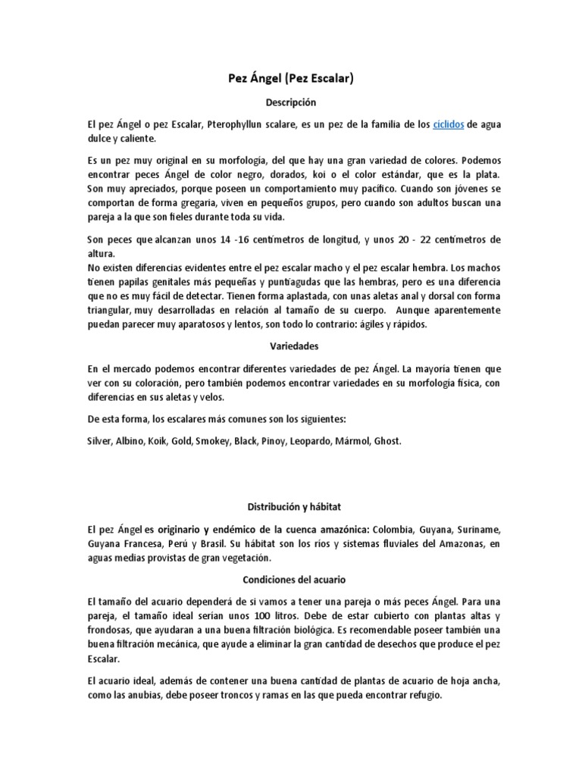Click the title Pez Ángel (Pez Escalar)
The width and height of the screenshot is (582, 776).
[291, 78]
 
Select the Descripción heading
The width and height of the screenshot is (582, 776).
[291, 102]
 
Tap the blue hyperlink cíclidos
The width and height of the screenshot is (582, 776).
[449, 124]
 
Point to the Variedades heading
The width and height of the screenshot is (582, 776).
[291, 346]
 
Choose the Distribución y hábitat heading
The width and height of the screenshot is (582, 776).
[291, 507]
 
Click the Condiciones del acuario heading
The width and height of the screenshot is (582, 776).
[291, 580]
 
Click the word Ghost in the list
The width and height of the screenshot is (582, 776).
[386, 440]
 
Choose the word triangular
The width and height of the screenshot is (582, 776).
[111, 310]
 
